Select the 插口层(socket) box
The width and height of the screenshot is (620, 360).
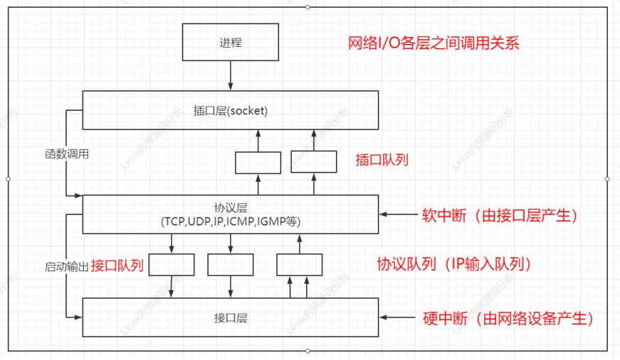[x=231, y=110]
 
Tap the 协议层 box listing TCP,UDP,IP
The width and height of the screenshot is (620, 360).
[x=231, y=214]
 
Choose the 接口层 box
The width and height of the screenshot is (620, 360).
[x=231, y=317]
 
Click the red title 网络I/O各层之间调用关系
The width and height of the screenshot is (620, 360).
[x=433, y=43]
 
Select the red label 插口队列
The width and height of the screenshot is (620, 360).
[x=382, y=160]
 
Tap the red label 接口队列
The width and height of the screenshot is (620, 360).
[x=118, y=266]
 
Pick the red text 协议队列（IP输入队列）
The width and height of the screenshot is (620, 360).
[x=455, y=265]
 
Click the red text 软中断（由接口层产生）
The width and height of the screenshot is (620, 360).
[x=497, y=214]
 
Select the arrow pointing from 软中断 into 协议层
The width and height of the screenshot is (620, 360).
[x=398, y=214]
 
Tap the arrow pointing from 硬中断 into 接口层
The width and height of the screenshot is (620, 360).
[x=398, y=317]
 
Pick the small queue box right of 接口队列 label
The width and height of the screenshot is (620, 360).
[x=171, y=265]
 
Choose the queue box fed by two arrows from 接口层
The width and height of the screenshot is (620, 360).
[x=298, y=265]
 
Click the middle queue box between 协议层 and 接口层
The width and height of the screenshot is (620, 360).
[x=231, y=265]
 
